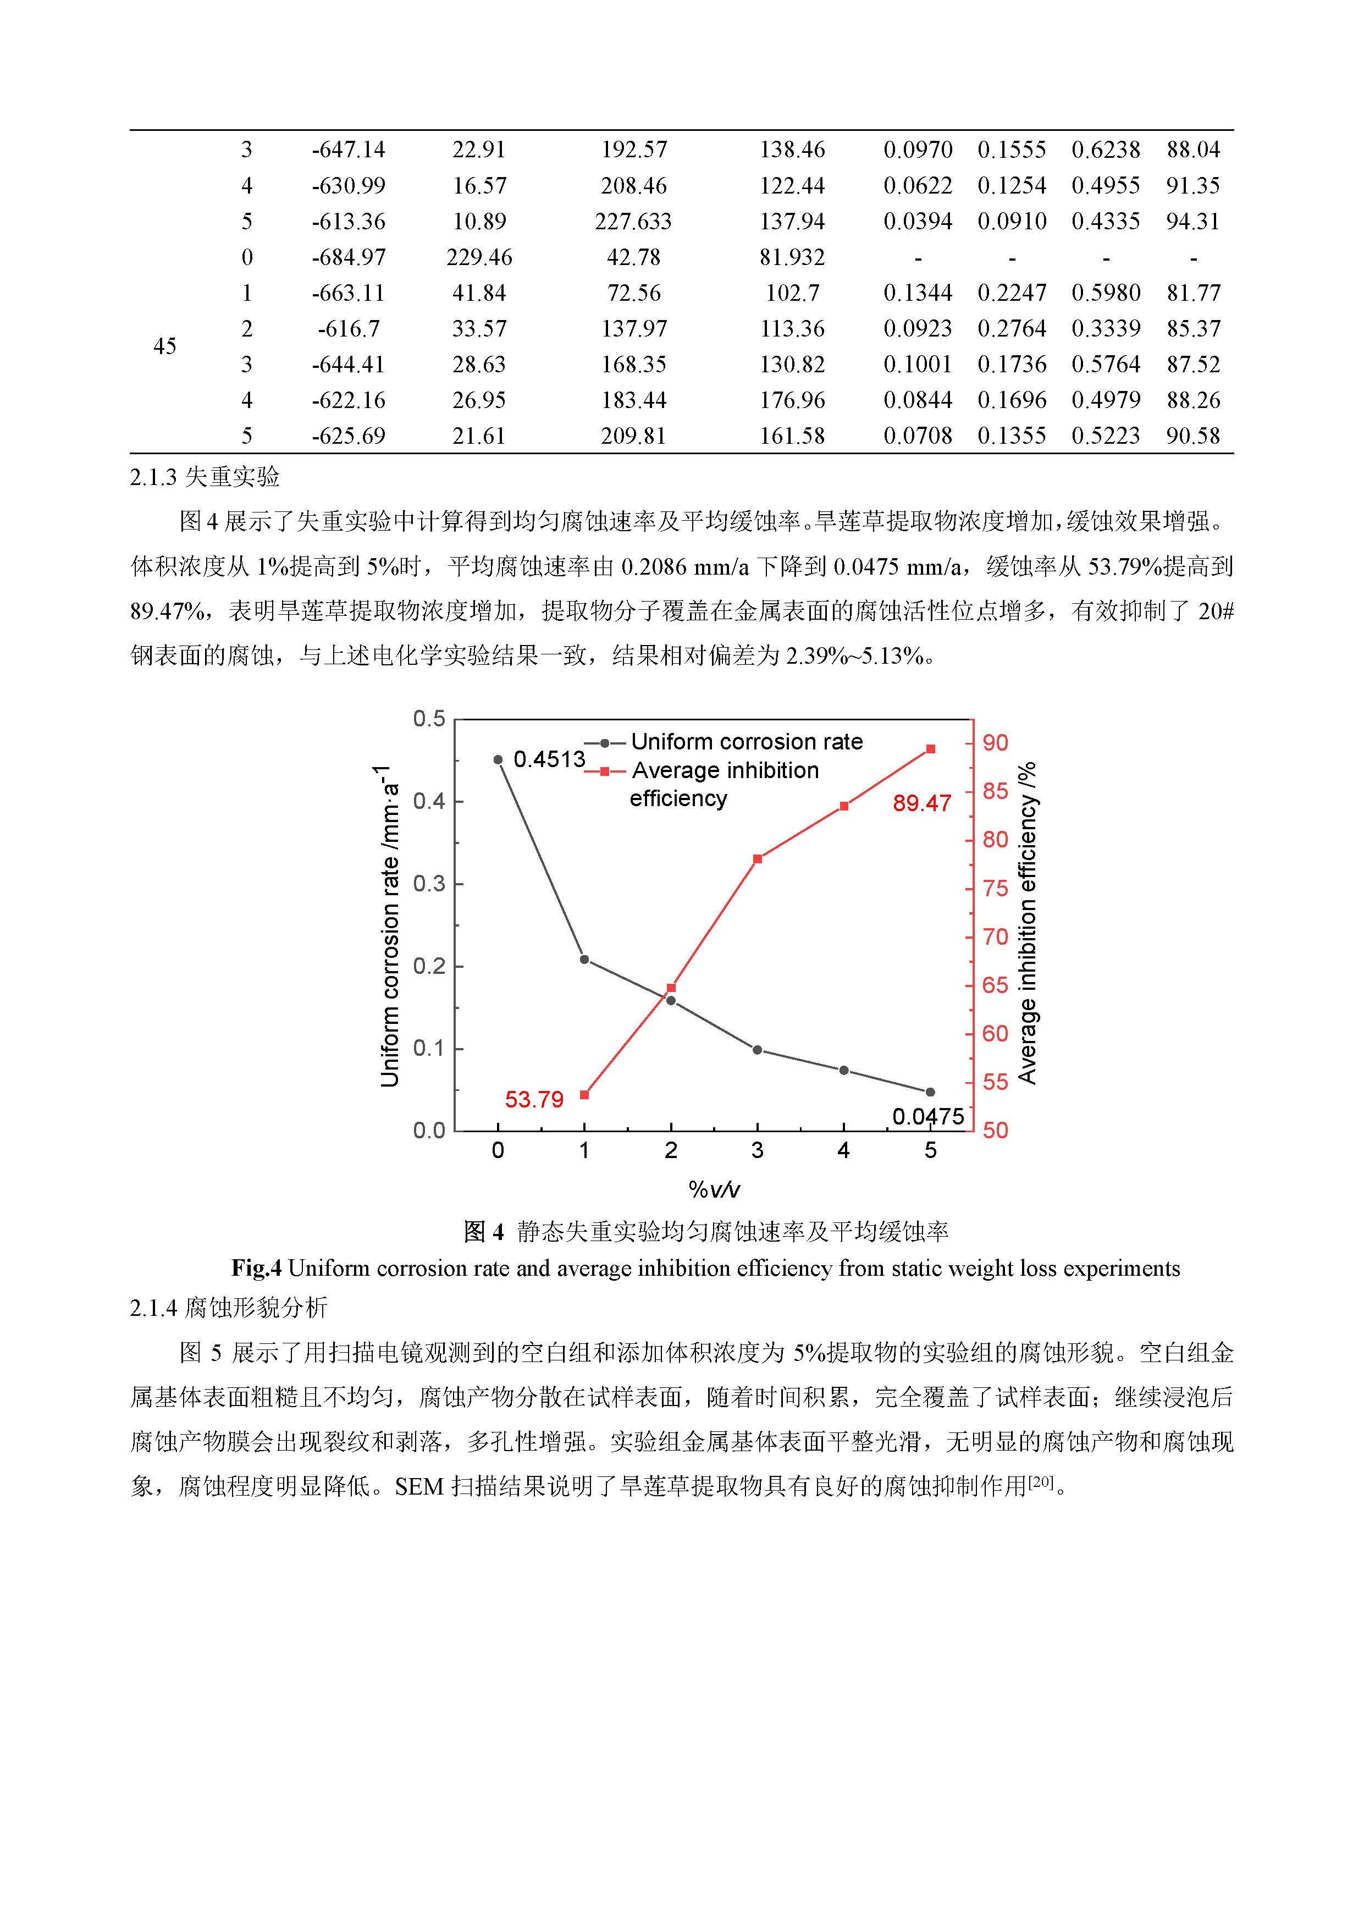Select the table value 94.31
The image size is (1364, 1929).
(x=1192, y=221)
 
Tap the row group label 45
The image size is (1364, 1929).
(x=164, y=346)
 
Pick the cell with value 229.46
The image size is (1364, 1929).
(x=479, y=257)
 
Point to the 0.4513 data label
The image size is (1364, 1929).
(x=549, y=759)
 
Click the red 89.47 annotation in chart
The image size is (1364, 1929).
(x=921, y=803)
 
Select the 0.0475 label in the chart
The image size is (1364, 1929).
(x=927, y=1117)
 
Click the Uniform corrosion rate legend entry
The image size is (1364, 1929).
(x=746, y=742)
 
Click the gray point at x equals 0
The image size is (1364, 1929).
(x=498, y=759)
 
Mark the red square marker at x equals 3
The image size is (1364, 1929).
(x=758, y=858)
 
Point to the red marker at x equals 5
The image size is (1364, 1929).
(x=931, y=748)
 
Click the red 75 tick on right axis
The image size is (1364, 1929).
(x=995, y=888)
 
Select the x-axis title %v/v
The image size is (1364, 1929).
(x=714, y=1189)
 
